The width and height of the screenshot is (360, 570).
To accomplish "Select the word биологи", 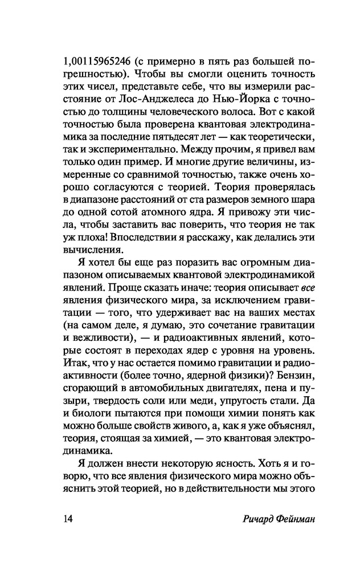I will [93, 413].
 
